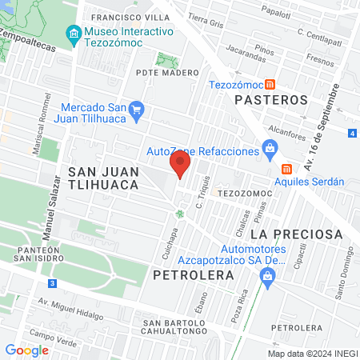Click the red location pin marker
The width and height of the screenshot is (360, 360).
(180, 165)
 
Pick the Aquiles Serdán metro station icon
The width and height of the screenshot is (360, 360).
(286, 168)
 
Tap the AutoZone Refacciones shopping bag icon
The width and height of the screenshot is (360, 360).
(270, 148)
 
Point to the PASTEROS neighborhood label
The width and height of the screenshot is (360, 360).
(271, 100)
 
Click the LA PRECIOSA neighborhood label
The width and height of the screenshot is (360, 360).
(296, 234)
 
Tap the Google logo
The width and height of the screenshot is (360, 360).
(26, 350)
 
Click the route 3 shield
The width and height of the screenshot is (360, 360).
(52, 282)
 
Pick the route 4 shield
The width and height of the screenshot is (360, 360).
(353, 134)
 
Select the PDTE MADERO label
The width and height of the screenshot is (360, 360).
(167, 73)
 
